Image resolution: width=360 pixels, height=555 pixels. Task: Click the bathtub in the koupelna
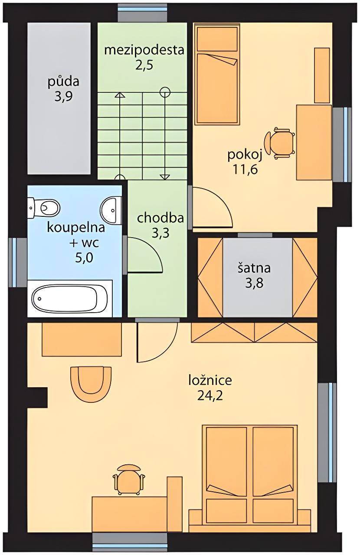70,298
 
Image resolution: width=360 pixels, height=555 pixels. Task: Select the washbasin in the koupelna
111,210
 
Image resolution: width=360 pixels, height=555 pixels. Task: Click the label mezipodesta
144,50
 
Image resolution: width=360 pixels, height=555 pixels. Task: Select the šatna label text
254,268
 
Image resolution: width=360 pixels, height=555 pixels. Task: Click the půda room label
63,82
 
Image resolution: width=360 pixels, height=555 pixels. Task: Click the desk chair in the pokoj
279,143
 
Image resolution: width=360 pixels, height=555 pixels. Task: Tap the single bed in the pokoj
217,74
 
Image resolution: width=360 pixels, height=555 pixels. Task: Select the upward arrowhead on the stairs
120,95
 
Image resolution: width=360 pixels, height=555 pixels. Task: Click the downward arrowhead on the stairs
165,177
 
